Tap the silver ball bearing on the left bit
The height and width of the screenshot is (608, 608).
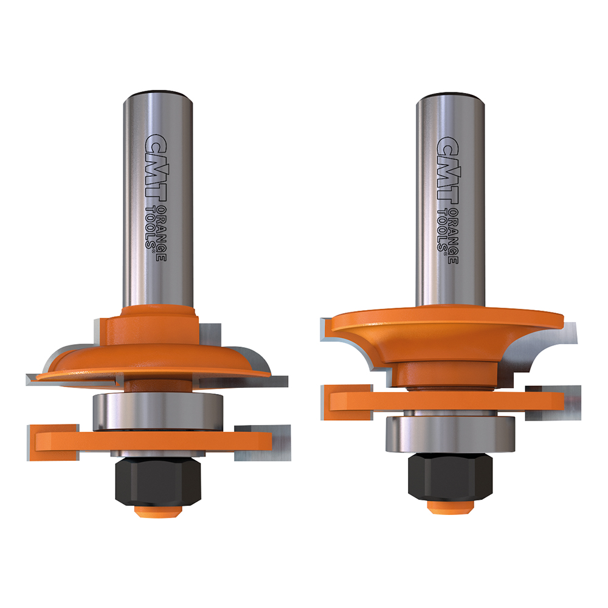(x=157, y=412)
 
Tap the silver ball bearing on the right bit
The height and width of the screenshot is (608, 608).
(x=451, y=434)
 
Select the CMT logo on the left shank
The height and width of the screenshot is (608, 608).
(x=156, y=168)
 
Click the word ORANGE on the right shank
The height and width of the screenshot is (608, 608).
(x=454, y=236)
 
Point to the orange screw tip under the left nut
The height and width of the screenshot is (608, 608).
(x=158, y=510)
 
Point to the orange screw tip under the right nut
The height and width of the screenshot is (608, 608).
(x=451, y=505)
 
